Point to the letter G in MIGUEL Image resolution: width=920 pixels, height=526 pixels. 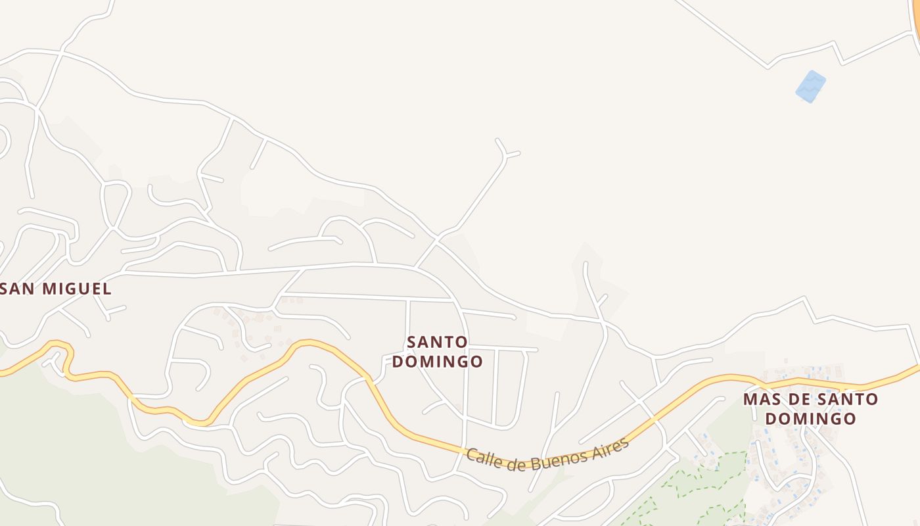pyautogui.click(x=70, y=289)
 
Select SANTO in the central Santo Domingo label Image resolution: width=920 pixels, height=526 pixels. pyautogui.click(x=438, y=342)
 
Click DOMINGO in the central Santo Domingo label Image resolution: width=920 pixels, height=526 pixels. pyautogui.click(x=438, y=361)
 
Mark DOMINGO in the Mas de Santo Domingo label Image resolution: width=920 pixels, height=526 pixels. pyautogui.click(x=811, y=418)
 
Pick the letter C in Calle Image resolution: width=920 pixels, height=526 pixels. pyautogui.click(x=472, y=454)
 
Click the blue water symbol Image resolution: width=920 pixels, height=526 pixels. pyautogui.click(x=810, y=86)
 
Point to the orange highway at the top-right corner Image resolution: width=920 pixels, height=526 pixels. pyautogui.click(x=915, y=20)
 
